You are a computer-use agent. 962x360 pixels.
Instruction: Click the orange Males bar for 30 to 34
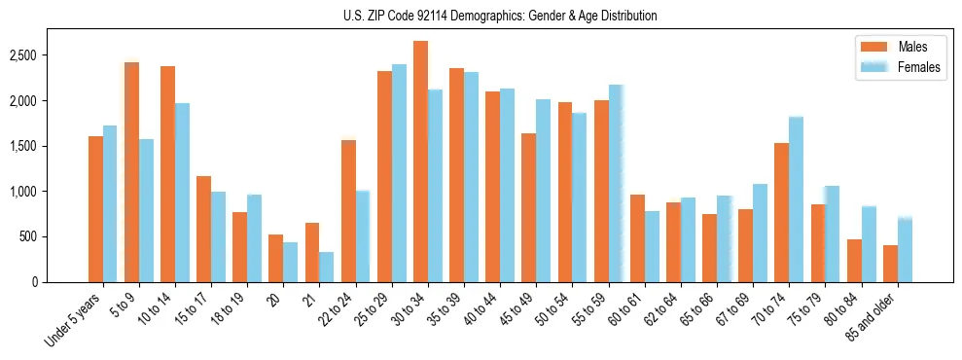[x=420, y=162]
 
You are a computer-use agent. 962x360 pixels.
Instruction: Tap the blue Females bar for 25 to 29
[x=399, y=173]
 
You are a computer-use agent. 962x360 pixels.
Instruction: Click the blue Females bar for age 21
[x=327, y=267]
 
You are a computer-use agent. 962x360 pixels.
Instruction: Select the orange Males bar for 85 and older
[x=890, y=264]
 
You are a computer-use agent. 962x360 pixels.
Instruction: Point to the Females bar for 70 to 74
[x=796, y=199]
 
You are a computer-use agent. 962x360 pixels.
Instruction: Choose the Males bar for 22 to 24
[x=348, y=211]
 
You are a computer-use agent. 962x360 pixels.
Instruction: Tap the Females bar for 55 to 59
[x=616, y=183]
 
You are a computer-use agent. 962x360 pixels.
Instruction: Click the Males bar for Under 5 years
[x=95, y=209]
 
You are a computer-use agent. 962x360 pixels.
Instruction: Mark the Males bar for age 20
[x=276, y=258]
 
